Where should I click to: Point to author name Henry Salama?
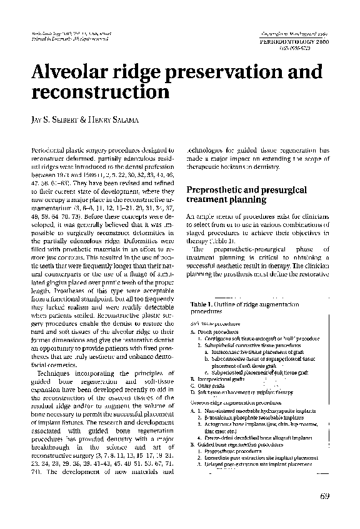[x=122, y=120]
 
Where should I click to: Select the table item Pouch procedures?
[x=215, y=331]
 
